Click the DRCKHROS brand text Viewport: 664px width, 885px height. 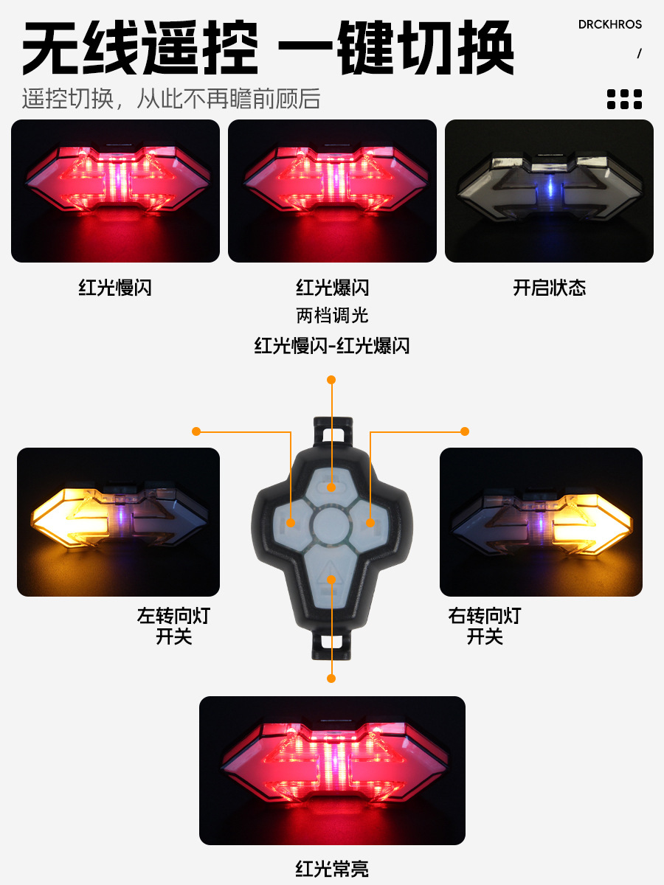609,24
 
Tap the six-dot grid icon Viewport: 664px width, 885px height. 624,99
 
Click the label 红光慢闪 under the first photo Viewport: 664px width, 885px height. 115,288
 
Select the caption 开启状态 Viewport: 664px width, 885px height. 549,288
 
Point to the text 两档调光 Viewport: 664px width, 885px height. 332,316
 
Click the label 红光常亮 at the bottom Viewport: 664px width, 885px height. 332,869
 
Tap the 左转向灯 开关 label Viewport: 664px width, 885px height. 173,625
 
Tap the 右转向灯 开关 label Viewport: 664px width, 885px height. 485,625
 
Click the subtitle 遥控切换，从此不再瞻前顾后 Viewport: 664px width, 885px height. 171,99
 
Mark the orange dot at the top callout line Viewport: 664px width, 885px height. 331,380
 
